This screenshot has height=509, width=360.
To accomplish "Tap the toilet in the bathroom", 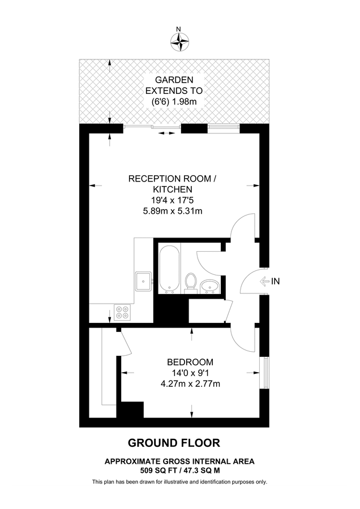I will pyautogui.click(x=191, y=282).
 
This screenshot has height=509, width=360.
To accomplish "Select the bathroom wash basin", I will pyautogui.click(x=209, y=287).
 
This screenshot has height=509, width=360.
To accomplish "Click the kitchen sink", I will pyautogui.click(x=143, y=279).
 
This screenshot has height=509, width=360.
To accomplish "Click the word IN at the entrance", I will pyautogui.click(x=276, y=281).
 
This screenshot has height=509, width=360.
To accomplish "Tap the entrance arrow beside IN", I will pyautogui.click(x=263, y=281).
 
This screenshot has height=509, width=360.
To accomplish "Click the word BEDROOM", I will pyautogui.click(x=190, y=362).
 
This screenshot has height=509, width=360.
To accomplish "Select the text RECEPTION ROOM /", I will pyautogui.click(x=173, y=179).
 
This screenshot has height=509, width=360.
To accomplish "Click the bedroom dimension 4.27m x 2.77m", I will pyautogui.click(x=190, y=384).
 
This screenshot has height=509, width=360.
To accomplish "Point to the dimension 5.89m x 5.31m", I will pyautogui.click(x=173, y=211).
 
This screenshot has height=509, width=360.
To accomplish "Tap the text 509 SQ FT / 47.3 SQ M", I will pyautogui.click(x=179, y=470).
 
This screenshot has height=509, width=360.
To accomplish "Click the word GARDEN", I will pyautogui.click(x=174, y=80).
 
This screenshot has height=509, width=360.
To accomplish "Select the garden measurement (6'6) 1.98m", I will pyautogui.click(x=174, y=101).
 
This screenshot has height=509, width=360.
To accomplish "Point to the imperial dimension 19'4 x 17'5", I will pyautogui.click(x=173, y=200).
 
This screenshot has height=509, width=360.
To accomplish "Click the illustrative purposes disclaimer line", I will pyautogui.click(x=179, y=482).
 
